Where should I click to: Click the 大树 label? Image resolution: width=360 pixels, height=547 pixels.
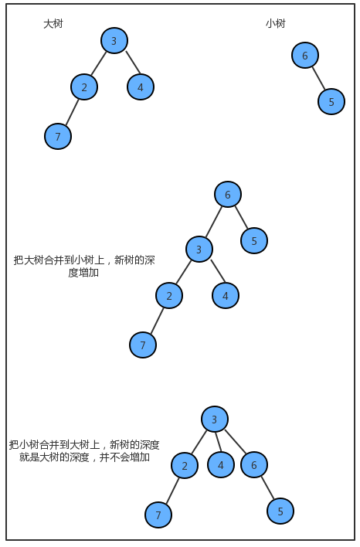(x=53, y=24)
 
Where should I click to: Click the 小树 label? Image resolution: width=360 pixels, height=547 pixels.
(x=276, y=23)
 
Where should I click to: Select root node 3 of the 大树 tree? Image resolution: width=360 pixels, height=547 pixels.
(x=114, y=40)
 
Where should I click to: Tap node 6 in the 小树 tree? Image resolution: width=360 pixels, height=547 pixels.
(x=305, y=55)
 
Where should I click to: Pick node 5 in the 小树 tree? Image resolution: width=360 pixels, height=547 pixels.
(x=331, y=101)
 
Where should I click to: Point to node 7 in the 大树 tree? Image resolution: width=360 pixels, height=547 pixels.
(x=58, y=136)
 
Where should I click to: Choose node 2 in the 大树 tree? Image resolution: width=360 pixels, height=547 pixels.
(x=84, y=87)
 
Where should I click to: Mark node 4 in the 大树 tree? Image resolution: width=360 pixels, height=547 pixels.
(x=141, y=87)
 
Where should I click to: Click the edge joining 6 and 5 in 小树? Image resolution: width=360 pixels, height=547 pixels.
(x=318, y=79)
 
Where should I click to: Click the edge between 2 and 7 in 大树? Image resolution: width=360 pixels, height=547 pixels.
(x=72, y=112)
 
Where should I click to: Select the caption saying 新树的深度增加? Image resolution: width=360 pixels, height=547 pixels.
(x=83, y=267)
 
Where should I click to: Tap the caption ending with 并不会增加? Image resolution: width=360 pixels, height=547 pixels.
(x=84, y=450)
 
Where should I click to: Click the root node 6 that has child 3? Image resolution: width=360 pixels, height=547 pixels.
(x=228, y=195)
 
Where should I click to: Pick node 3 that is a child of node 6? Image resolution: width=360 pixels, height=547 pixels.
(x=199, y=249)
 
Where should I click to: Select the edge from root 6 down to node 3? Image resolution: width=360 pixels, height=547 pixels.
(x=213, y=222)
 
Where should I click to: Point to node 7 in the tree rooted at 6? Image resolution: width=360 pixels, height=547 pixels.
(x=143, y=345)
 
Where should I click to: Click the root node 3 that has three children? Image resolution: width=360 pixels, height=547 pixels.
(x=215, y=419)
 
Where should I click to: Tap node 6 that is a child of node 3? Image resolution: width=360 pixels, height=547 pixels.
(x=254, y=464)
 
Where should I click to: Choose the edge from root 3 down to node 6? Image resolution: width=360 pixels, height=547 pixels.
(x=235, y=441)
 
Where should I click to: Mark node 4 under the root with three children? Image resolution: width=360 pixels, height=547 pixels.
(x=221, y=464)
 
